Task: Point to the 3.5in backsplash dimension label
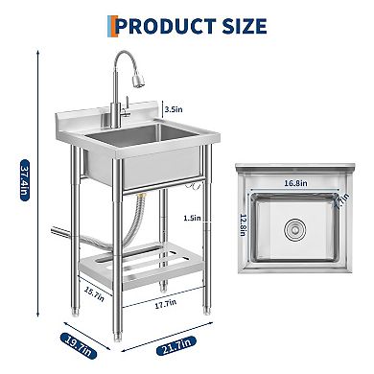pos(175,110)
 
